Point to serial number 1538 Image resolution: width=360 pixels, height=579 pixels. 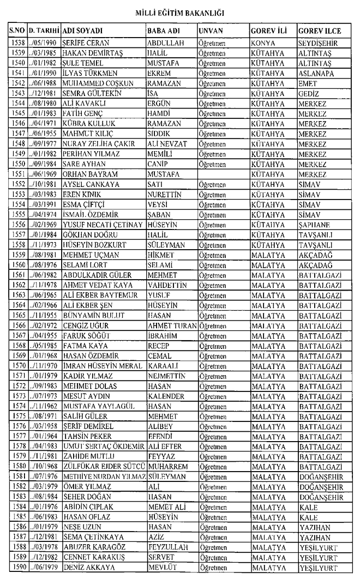pyautogui.click(x=17, y=42)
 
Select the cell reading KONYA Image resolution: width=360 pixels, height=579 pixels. pyautogui.click(x=263, y=42)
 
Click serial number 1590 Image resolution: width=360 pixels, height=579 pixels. pyautogui.click(x=17, y=567)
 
